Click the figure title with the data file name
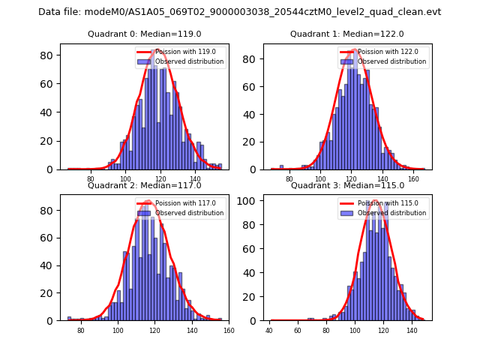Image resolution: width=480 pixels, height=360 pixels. (239, 12)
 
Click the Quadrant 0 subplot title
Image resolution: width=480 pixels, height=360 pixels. (145, 34)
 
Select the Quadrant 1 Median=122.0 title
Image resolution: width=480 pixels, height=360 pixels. (347, 34)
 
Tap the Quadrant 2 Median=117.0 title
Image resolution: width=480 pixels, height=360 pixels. (145, 185)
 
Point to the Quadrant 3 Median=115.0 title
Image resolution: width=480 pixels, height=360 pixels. (347, 185)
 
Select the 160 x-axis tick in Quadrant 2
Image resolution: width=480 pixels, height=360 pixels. (229, 330)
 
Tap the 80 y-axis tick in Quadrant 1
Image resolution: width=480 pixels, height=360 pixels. (256, 58)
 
